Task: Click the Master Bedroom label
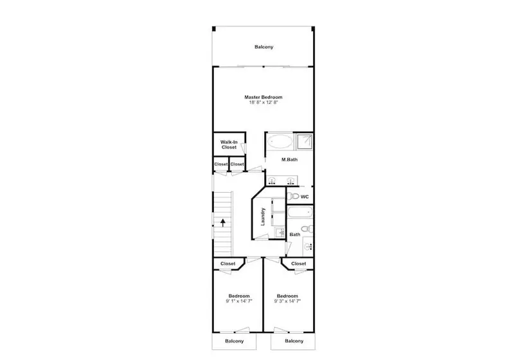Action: [x=263, y=97]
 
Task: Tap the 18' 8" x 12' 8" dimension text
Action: [x=263, y=102]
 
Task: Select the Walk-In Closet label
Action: [x=229, y=145]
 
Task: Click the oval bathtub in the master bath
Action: [x=280, y=141]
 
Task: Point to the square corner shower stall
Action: [x=305, y=141]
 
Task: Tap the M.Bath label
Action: [x=289, y=159]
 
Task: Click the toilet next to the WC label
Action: [x=294, y=196]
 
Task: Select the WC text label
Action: [x=305, y=197]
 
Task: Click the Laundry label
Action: [x=263, y=217]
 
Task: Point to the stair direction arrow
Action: [x=223, y=222]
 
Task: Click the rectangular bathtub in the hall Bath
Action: [x=300, y=212]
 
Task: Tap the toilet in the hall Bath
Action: [x=307, y=229]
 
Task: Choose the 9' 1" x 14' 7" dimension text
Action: [x=239, y=301]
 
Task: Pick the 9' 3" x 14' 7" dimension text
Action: [x=287, y=301]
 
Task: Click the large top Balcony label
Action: [x=264, y=47]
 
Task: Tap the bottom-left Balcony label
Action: [x=235, y=341]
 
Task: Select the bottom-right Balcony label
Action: [x=294, y=341]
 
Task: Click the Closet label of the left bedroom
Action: [x=228, y=264]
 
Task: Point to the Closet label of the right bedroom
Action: [x=298, y=264]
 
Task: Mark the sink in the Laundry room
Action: [x=280, y=232]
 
